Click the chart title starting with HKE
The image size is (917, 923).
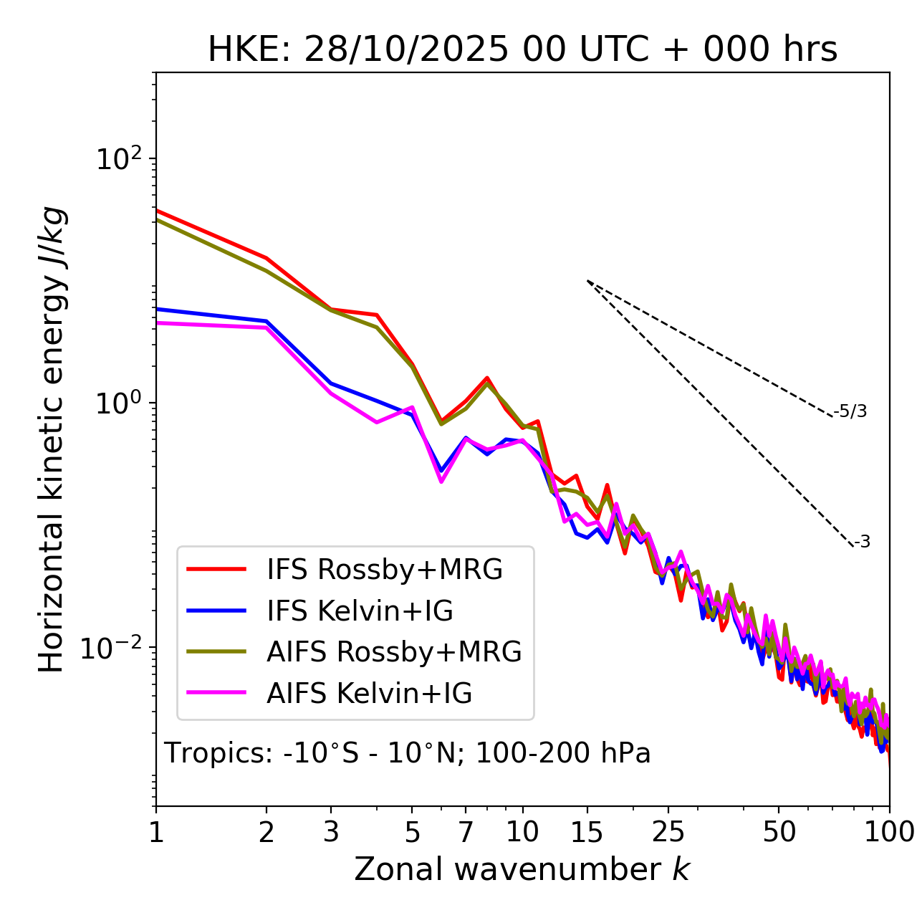click(522, 50)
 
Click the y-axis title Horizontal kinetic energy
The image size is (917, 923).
click(52, 439)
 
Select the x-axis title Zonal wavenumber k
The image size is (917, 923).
click(522, 869)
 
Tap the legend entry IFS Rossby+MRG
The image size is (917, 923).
click(384, 570)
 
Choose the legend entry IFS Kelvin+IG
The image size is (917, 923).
click(360, 611)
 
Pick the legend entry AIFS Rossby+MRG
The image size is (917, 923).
click(394, 652)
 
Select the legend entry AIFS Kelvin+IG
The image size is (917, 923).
click(369, 694)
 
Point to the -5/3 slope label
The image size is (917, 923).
click(850, 411)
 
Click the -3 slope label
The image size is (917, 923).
click(863, 542)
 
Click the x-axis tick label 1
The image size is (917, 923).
click(156, 832)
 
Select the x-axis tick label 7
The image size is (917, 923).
click(466, 832)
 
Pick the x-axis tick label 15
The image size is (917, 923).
click(587, 832)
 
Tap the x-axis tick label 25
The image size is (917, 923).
click(668, 832)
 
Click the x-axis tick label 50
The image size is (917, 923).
click(779, 832)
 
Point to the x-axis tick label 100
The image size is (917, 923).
click(889, 832)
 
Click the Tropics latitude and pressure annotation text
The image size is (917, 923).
click(408, 753)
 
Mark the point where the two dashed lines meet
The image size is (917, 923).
click(587, 281)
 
